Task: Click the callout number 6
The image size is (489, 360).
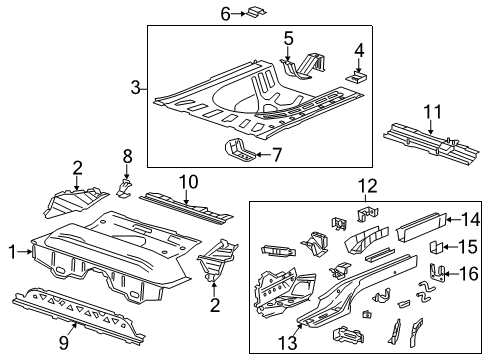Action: point(225,13)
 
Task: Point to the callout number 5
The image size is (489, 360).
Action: point(288,39)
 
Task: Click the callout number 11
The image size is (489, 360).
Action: point(433,111)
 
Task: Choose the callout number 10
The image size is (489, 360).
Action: point(188,180)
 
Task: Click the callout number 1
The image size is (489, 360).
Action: point(12,253)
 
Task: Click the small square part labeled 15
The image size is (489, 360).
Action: point(436,246)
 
